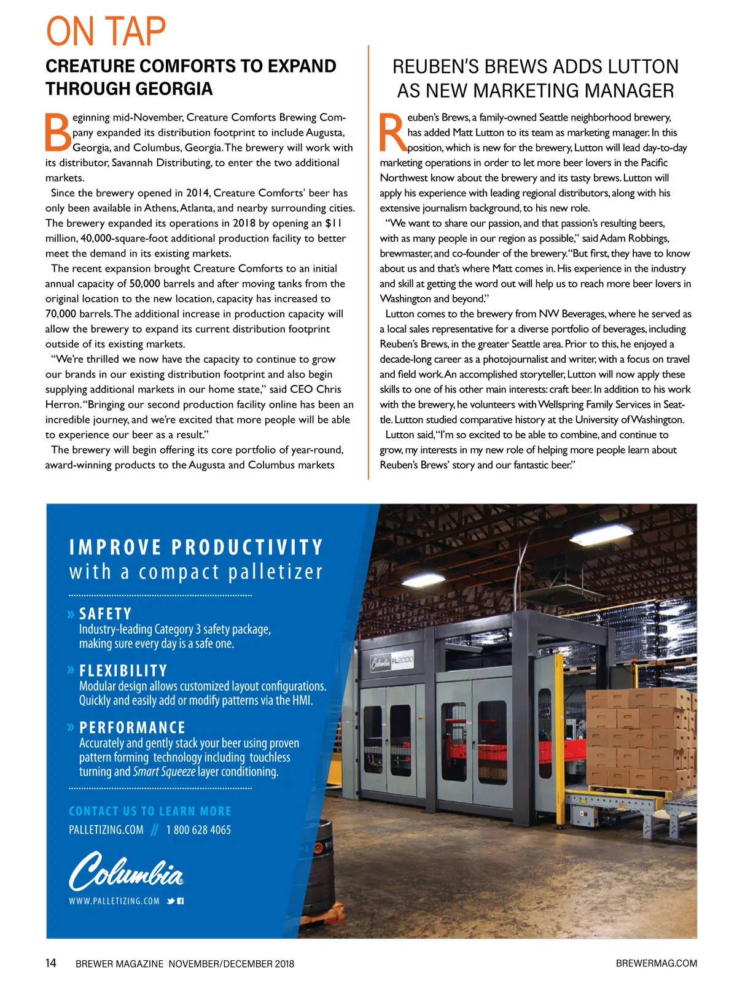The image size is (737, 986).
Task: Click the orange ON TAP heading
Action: [x=106, y=32]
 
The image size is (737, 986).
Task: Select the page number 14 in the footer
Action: [x=51, y=963]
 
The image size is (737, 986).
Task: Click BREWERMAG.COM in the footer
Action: [x=656, y=963]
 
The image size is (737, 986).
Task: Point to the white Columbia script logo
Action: [x=126, y=870]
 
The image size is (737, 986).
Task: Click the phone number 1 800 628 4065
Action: [x=198, y=830]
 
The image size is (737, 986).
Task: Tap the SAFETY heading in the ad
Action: [x=105, y=614]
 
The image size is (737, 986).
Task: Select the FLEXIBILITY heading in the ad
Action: [x=123, y=670]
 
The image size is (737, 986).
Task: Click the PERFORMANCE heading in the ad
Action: [x=132, y=728]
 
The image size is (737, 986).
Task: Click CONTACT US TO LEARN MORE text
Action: [x=150, y=811]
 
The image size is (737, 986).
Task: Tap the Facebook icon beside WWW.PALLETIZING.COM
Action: [x=181, y=901]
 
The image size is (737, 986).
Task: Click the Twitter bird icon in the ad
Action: [x=171, y=901]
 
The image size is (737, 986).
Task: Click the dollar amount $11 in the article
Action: [x=333, y=223]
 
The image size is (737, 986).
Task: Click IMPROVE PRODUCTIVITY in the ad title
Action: [x=196, y=547]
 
